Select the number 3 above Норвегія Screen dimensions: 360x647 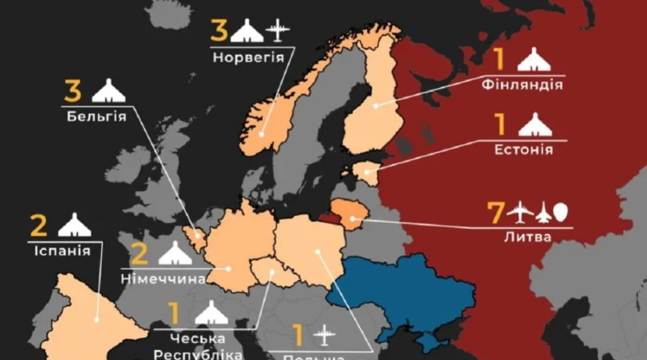point(219,32)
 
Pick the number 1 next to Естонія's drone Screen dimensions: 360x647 point(500,125)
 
